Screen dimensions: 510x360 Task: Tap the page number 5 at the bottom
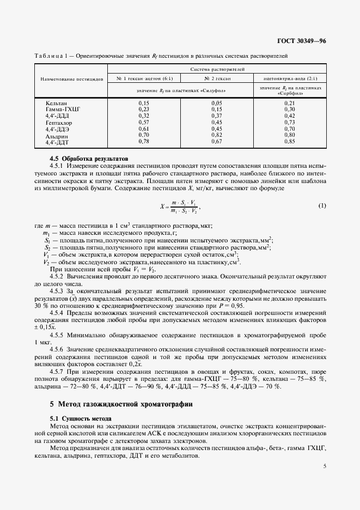click(325, 466)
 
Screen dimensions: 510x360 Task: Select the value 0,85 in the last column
click(289, 142)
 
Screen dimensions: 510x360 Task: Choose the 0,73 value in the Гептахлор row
click(289, 123)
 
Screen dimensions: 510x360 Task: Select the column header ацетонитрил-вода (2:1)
click(290, 78)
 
